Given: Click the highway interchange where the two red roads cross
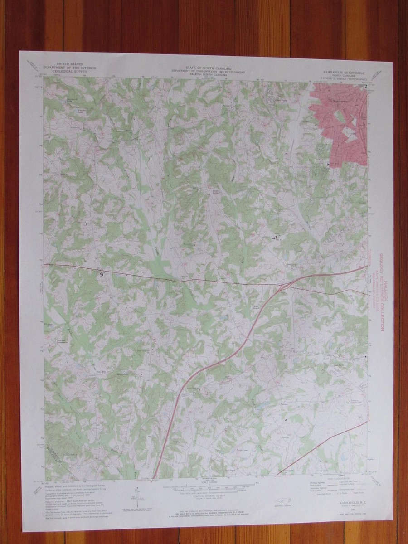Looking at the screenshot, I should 285,286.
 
